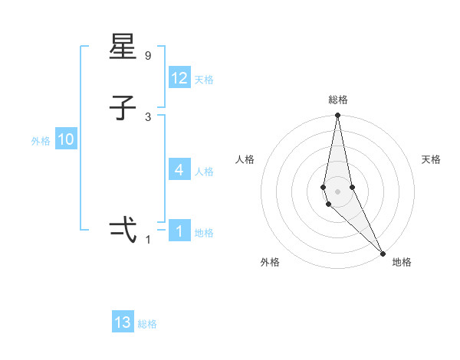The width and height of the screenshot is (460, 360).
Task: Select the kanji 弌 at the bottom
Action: click(123, 230)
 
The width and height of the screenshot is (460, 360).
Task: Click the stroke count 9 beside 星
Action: click(148, 56)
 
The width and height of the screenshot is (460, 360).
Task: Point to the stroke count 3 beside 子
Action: click(148, 116)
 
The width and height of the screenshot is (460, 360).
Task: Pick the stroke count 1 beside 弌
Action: click(148, 240)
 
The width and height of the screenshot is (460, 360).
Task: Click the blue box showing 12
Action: click(179, 78)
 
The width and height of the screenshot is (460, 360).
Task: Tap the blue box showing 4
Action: click(179, 169)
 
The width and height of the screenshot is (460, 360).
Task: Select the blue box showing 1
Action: click(179, 231)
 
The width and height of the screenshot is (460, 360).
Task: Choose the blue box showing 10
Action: click(66, 139)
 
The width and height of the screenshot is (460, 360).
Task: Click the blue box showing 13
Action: click(123, 322)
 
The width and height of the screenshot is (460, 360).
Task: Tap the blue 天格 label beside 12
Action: click(204, 80)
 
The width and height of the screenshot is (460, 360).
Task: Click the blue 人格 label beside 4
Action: click(204, 171)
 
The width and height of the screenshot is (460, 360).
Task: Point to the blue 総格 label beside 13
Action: click(147, 324)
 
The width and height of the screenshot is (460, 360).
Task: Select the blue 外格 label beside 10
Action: click(41, 141)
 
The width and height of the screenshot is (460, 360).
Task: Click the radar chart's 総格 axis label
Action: click(338, 100)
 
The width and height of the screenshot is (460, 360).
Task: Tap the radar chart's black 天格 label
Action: click(431, 159)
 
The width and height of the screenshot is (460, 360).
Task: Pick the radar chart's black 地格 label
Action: click(402, 262)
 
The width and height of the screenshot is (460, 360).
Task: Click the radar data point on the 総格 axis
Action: click(337, 116)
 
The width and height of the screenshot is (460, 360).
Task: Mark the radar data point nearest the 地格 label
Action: click(383, 253)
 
